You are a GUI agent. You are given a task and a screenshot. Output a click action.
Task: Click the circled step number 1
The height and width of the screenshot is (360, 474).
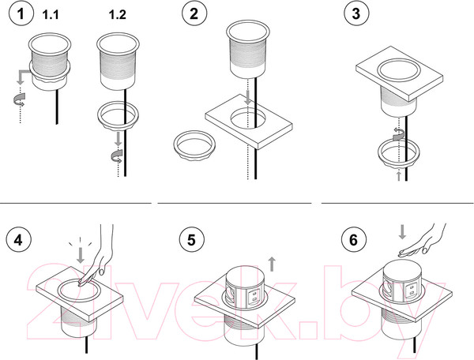[21, 14]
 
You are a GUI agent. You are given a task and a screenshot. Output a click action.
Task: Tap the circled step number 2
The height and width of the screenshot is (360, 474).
[194, 14]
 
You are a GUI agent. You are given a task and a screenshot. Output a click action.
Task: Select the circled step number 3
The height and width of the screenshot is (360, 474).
[357, 14]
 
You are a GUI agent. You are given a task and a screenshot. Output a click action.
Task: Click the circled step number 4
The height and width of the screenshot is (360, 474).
[18, 241]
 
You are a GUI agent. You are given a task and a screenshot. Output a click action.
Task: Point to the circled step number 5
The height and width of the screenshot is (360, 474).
[192, 241]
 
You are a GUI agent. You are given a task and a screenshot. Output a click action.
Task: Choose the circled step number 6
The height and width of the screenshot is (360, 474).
[354, 241]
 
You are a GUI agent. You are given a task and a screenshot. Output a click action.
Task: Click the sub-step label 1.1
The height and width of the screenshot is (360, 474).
[51, 14]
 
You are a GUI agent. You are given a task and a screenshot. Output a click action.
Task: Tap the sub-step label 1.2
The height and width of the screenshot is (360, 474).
[117, 14]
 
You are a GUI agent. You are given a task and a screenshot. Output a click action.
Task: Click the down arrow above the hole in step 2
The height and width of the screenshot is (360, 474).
[248, 98]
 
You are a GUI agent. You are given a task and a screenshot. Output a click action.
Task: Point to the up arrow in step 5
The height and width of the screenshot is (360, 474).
[272, 264]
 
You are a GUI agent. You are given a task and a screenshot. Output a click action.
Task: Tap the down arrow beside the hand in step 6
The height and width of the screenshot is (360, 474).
[402, 232]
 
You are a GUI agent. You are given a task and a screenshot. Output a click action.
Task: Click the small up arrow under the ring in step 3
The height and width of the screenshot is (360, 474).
[399, 176]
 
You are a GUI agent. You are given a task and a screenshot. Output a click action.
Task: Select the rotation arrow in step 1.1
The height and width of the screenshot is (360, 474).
[19, 99]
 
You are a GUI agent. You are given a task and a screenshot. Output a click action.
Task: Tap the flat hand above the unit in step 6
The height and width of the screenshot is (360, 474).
[423, 242]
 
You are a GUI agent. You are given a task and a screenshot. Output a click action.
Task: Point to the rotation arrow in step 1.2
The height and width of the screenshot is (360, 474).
[117, 156]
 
